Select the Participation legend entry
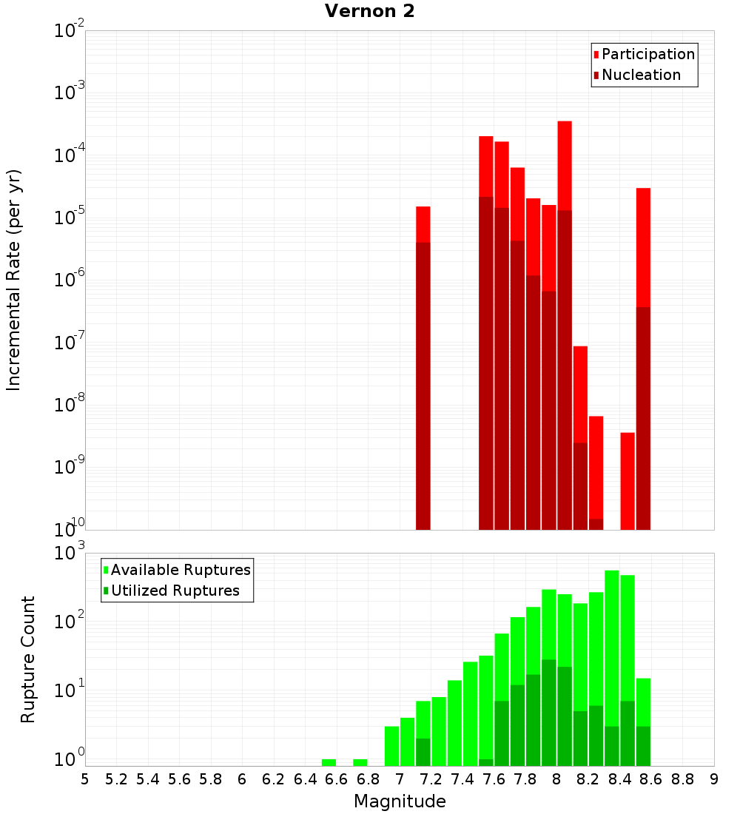click(x=648, y=55)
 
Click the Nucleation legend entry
click(x=641, y=75)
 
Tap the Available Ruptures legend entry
click(x=181, y=571)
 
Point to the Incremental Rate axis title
click(x=14, y=280)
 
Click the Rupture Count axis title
click(x=28, y=659)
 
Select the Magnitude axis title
click(x=400, y=801)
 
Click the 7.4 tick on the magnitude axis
click(x=462, y=779)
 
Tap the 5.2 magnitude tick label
click(x=116, y=779)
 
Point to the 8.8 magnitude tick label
click(x=682, y=779)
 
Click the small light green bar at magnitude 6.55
click(x=329, y=762)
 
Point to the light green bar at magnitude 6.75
click(x=360, y=762)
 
